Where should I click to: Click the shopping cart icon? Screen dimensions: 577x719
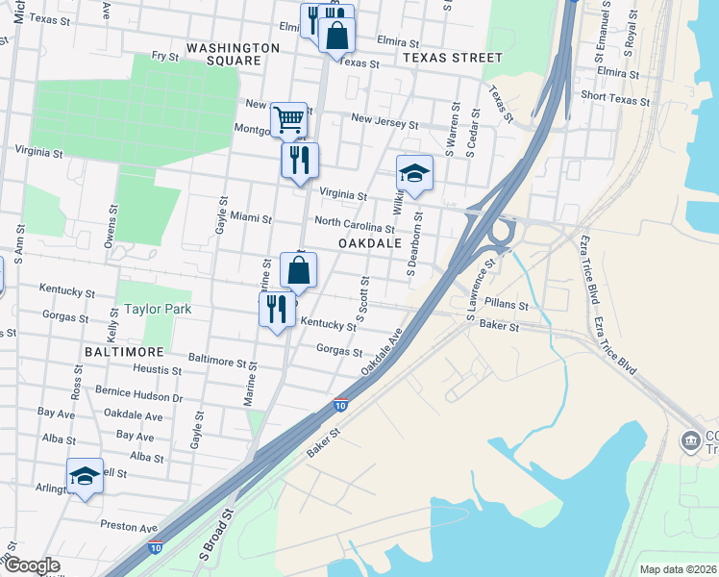(x=288, y=120)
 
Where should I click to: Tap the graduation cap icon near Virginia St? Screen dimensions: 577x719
(x=414, y=173)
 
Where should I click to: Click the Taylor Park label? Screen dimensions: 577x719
(x=158, y=310)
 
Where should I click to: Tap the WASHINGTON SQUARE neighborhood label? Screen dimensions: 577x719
(x=233, y=54)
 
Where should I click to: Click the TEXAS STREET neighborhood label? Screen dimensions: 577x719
(x=453, y=58)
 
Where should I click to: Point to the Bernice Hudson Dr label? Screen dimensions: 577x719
(x=138, y=396)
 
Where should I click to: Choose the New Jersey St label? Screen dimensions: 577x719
(x=384, y=121)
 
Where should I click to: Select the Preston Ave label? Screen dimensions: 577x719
(x=129, y=528)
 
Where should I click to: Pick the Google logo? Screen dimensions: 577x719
(x=32, y=566)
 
